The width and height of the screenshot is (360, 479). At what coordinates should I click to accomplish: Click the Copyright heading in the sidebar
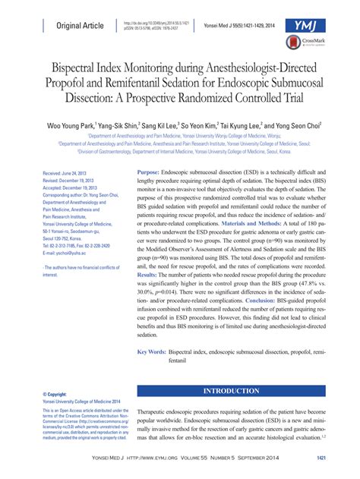[58, 395]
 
